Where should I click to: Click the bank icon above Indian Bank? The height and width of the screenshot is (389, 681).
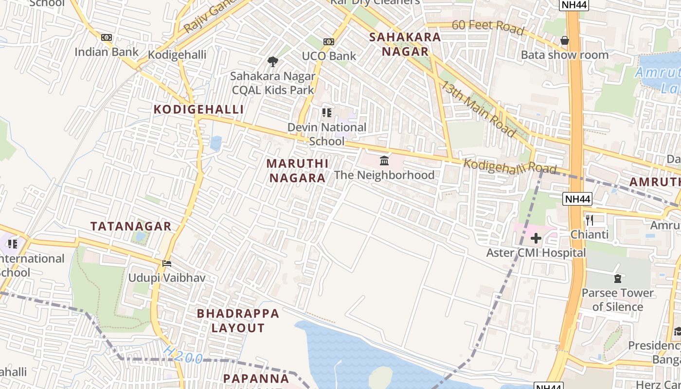[x=107, y=37]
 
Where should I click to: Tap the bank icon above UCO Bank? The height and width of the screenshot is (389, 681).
[x=329, y=42]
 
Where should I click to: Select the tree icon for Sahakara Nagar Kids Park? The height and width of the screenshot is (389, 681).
[x=273, y=62]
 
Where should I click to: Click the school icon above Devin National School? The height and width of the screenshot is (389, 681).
[x=327, y=113]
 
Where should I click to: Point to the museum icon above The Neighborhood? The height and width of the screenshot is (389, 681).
[x=384, y=160]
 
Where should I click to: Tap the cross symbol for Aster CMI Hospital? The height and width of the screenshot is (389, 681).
[x=536, y=238]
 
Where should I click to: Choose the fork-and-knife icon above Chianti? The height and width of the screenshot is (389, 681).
[x=590, y=220]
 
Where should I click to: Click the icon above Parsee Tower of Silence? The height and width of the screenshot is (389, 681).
[x=618, y=279]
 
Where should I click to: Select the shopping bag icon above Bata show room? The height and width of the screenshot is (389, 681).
[x=565, y=40]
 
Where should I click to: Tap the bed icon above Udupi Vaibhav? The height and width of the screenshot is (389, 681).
[x=167, y=264]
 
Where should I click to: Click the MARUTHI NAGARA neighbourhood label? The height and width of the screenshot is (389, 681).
[x=298, y=171]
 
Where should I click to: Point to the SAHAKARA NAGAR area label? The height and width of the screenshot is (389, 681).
[x=405, y=44]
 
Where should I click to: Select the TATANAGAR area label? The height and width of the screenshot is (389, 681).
[x=131, y=226]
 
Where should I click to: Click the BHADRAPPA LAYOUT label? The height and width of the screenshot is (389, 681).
[x=238, y=320]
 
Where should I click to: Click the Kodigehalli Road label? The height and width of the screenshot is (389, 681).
[x=509, y=166]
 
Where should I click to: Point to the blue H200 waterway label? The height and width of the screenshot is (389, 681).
[x=183, y=355]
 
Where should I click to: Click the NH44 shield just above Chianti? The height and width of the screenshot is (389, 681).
[x=577, y=199]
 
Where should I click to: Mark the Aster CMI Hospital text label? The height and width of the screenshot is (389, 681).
[x=536, y=253]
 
